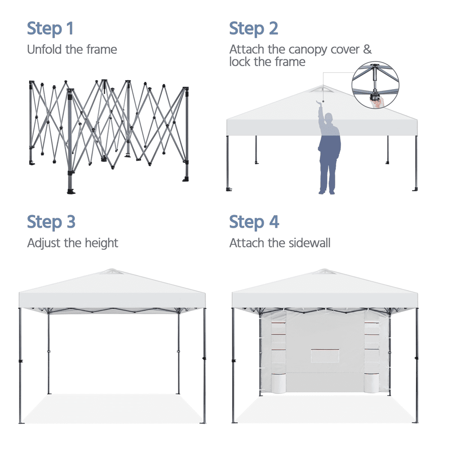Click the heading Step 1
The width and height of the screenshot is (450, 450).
pyautogui.click(x=50, y=28)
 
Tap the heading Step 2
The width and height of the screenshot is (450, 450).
pyautogui.click(x=254, y=28)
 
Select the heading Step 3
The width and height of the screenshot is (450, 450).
pyautogui.click(x=51, y=222)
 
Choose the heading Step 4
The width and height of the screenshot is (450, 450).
pyautogui.click(x=254, y=222)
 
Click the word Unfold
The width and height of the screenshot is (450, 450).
pyautogui.click(x=45, y=49)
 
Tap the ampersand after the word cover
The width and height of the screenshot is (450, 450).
pyautogui.click(x=367, y=49)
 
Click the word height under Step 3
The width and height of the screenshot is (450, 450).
pyautogui.click(x=101, y=243)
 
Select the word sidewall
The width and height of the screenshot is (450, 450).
pyautogui.click(x=310, y=243)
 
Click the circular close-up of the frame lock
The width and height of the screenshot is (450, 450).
pyautogui.click(x=375, y=85)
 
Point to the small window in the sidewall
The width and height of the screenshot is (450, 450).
pyautogui.click(x=325, y=355)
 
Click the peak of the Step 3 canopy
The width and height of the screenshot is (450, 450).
pyautogui.click(x=112, y=269)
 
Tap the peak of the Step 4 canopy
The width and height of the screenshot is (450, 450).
pyautogui.click(x=324, y=270)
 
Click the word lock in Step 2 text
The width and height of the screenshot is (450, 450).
pyautogui.click(x=240, y=62)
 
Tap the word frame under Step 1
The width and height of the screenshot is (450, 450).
pyautogui.click(x=102, y=49)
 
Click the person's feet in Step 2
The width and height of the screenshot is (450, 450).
pyautogui.click(x=327, y=192)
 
